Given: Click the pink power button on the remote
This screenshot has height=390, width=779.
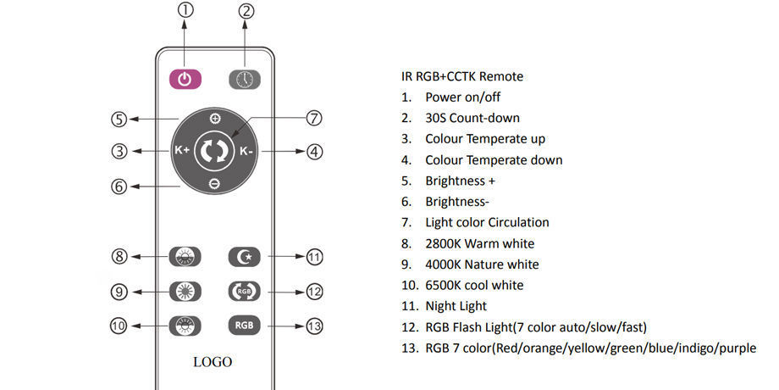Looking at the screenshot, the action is coord(185,79).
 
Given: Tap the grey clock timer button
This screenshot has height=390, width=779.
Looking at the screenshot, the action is coord(245,80).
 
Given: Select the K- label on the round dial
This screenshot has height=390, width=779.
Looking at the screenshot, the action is coord(246,151).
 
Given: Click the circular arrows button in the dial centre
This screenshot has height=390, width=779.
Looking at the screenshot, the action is coord(214,151).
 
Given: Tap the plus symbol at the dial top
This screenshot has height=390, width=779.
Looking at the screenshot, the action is coord(214,119).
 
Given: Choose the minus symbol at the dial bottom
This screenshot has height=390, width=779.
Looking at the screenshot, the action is coord(214,184).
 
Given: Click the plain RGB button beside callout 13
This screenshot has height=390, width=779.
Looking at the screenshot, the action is coord(245,326).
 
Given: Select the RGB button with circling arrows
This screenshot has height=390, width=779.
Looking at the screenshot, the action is coord(245,291).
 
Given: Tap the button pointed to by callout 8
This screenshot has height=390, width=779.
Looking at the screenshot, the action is coord(185,257).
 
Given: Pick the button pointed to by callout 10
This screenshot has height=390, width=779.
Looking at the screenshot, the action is coord(185,326).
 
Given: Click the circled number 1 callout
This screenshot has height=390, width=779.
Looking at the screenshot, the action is coord(185,10).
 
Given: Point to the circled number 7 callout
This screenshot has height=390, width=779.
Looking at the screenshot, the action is coord(314,119).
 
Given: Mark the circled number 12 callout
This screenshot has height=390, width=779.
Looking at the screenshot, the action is coord(314,292).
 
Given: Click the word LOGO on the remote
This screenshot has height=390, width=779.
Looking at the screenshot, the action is coord(213,362).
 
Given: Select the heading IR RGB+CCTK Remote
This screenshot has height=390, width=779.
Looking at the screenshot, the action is coord(462,76).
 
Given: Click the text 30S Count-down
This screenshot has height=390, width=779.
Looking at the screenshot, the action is coord(472,118).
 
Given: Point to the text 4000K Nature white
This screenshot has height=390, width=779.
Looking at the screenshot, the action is coord(482,265).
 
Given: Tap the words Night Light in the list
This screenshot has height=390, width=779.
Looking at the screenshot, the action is coord(456,306).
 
